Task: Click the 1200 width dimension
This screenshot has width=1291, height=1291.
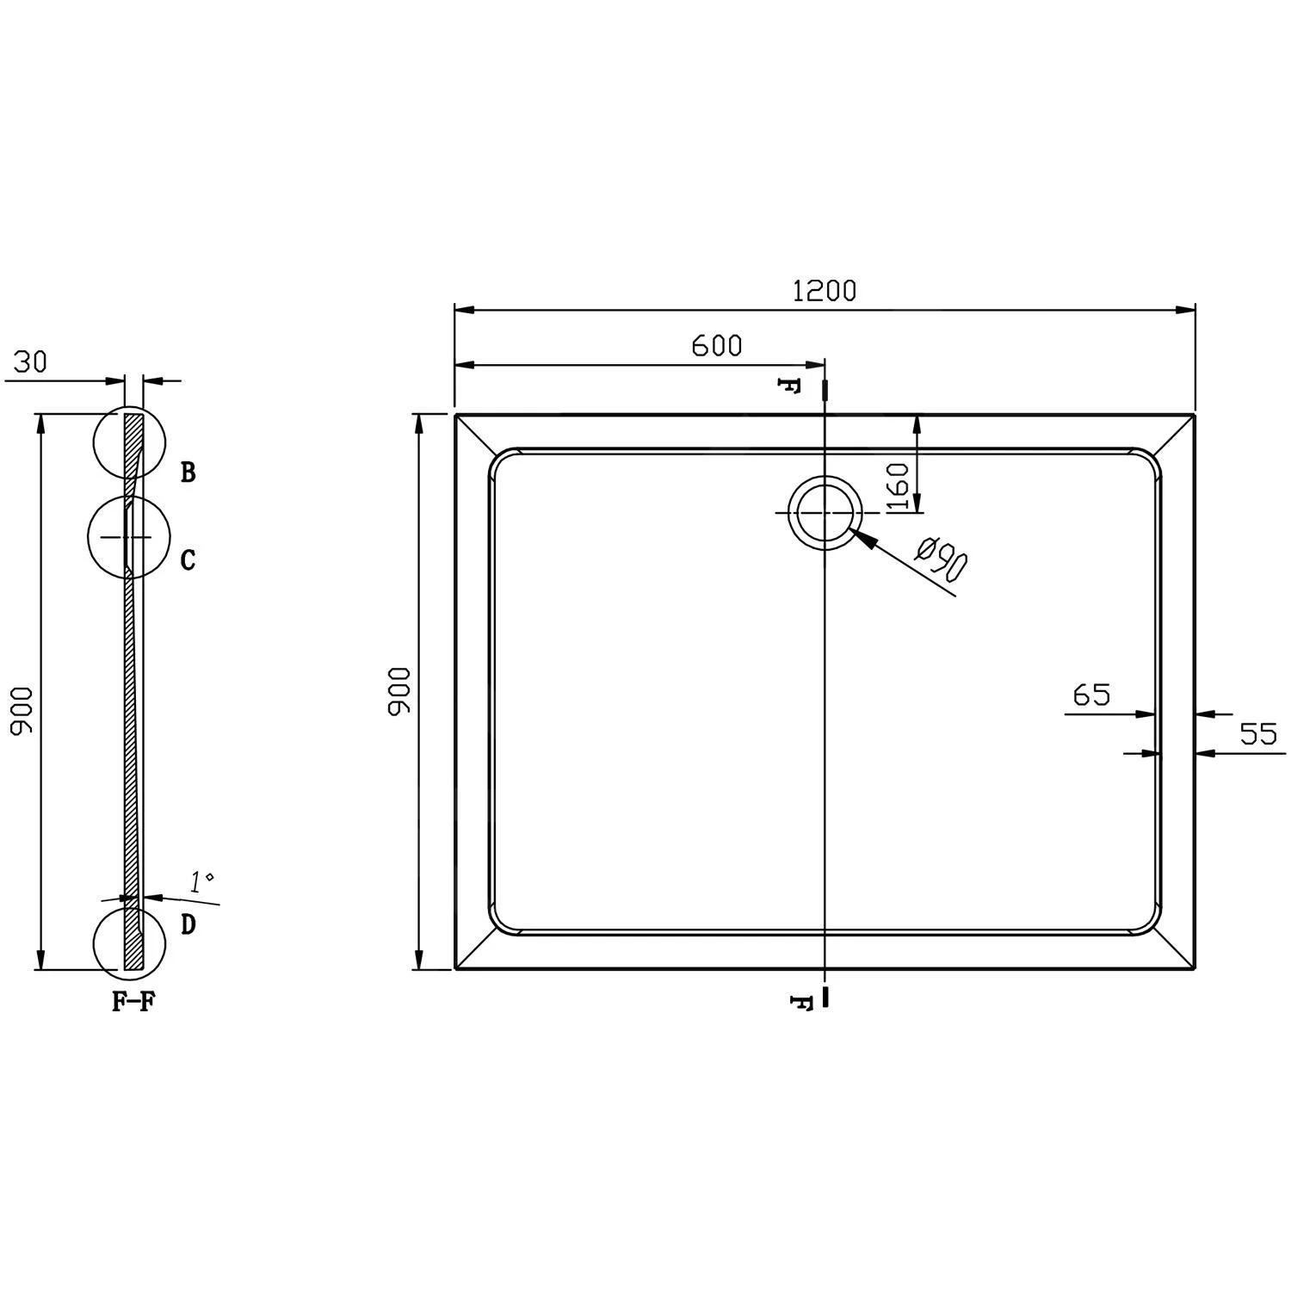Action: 824,291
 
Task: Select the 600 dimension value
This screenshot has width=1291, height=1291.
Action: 716,345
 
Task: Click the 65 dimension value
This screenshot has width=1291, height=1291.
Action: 1092,695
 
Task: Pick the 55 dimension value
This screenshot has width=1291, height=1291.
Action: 1258,734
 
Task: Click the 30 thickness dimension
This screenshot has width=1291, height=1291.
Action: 30,362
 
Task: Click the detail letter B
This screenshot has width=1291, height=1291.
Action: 188,473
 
